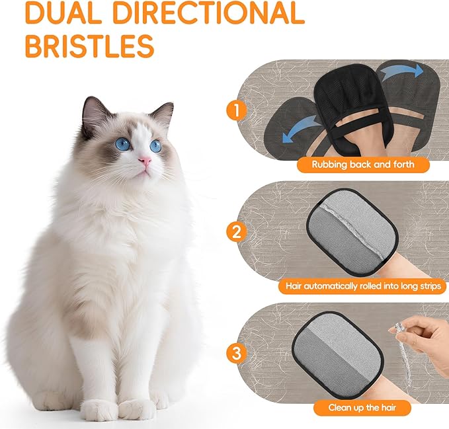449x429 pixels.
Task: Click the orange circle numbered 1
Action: pos(233,110)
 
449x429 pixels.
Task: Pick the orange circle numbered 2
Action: pos(233,231)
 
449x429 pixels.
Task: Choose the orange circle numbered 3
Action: pos(233,353)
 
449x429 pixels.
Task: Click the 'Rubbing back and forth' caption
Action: pos(363,165)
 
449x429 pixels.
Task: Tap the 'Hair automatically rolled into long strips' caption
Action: pos(363,287)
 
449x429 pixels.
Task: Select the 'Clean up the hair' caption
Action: pos(363,408)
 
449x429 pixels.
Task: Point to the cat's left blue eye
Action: pos(123,144)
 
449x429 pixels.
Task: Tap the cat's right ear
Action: pos(163,113)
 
